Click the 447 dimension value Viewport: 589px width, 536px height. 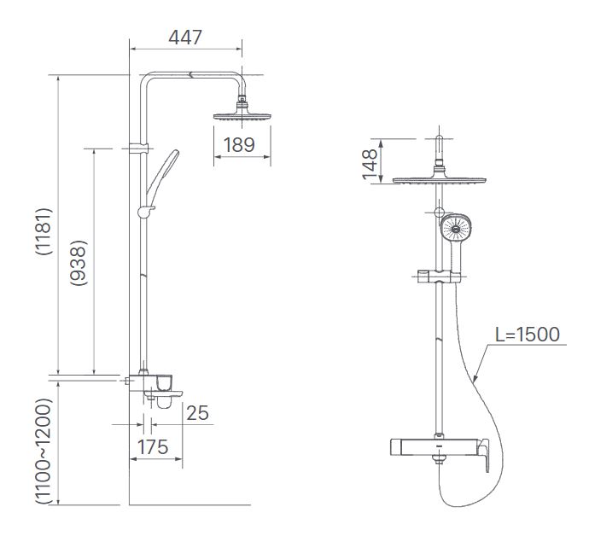[184, 38]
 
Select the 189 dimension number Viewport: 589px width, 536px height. [240, 144]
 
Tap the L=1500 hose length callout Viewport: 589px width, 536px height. [528, 333]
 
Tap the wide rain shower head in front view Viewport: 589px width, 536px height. [440, 180]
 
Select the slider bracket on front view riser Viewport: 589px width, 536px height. [438, 276]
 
